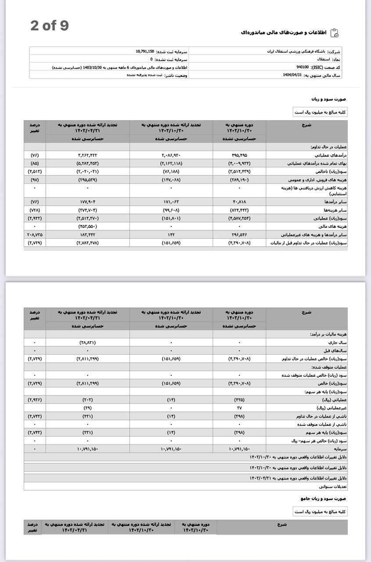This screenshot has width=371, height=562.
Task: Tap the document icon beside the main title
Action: click(334, 33)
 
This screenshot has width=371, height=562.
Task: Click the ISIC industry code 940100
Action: click(302, 67)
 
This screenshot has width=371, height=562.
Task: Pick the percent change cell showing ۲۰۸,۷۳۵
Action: click(35, 234)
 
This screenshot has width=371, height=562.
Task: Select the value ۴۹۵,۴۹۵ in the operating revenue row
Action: click(239, 155)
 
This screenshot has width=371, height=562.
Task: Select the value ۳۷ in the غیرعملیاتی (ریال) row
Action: click(239, 408)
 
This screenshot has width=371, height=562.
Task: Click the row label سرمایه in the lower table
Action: click(340, 449)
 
